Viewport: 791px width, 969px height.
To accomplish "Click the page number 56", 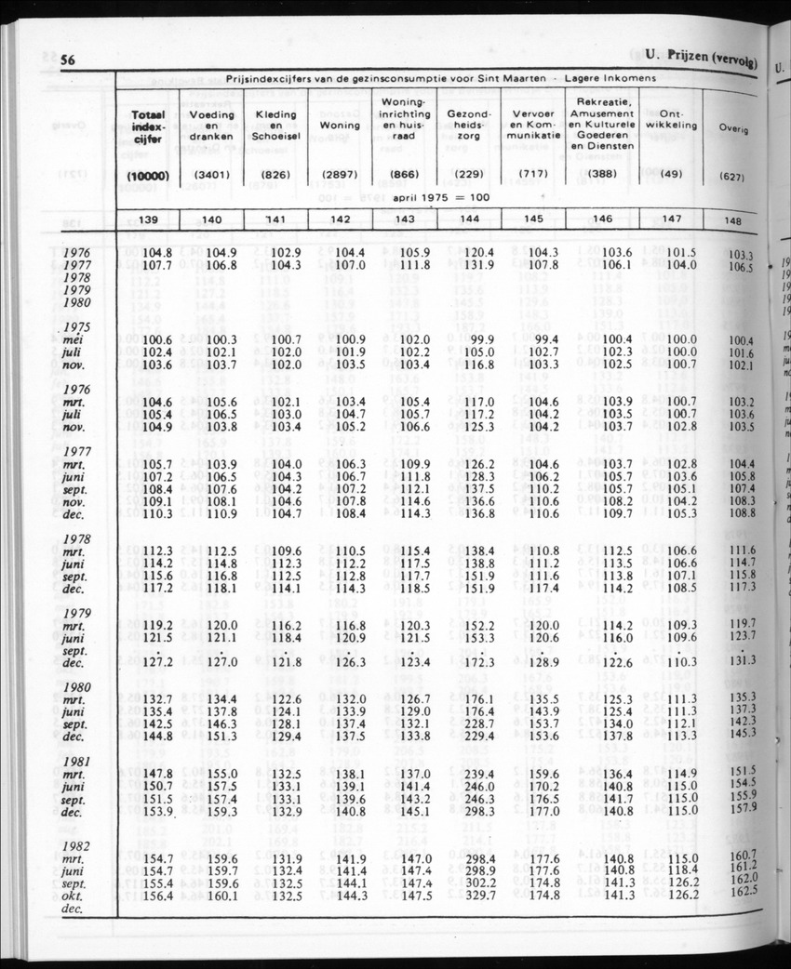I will tap(67, 60).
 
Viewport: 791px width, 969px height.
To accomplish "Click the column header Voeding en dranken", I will tap(211, 127).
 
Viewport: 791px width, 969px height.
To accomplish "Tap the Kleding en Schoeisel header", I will tap(275, 126).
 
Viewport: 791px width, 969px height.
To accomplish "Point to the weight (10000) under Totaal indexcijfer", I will tap(147, 176).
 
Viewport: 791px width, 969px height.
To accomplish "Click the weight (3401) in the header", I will tap(211, 175).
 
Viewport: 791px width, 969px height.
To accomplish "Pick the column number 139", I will tap(147, 219).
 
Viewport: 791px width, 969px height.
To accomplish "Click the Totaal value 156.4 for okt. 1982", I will tap(154, 896).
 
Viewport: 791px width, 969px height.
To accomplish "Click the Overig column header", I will tap(734, 128).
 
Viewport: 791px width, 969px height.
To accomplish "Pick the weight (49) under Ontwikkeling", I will tap(671, 175).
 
